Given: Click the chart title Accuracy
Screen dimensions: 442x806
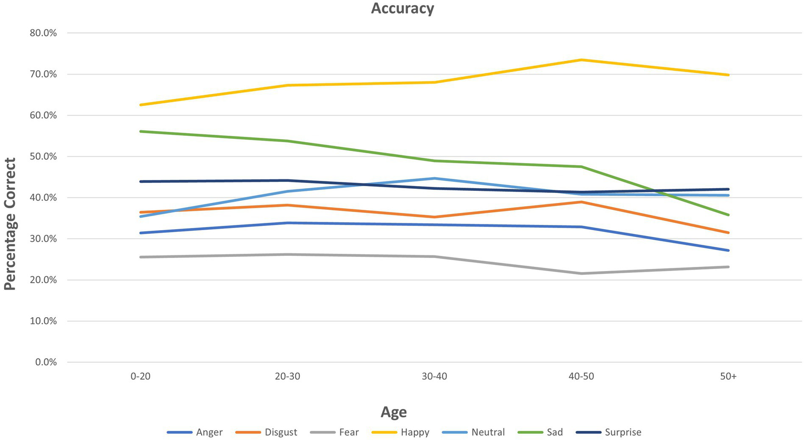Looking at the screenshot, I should tap(402, 9).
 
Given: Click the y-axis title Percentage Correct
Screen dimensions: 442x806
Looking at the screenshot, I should tap(11, 224).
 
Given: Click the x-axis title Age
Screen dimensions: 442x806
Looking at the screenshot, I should tap(393, 412).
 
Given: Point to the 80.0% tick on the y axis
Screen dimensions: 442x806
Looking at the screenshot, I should tap(43, 33).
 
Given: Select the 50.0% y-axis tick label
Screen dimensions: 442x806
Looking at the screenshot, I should tap(43, 157).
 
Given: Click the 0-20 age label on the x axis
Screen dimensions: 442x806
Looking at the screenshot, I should tap(140, 377).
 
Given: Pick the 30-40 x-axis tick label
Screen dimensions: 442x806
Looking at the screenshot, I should tap(434, 377).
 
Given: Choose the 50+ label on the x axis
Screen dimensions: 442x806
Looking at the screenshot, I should tap(728, 377).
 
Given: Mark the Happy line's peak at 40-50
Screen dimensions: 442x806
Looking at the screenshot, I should tap(581, 60).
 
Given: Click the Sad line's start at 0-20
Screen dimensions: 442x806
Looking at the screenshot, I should tap(140, 131).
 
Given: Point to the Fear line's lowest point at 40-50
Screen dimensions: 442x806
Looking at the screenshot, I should tap(581, 273).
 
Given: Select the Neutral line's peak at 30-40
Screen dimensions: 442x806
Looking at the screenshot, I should tap(434, 178).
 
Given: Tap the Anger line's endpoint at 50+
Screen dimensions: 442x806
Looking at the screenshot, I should tap(728, 250).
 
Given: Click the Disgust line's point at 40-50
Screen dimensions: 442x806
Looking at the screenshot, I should tap(581, 202).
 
